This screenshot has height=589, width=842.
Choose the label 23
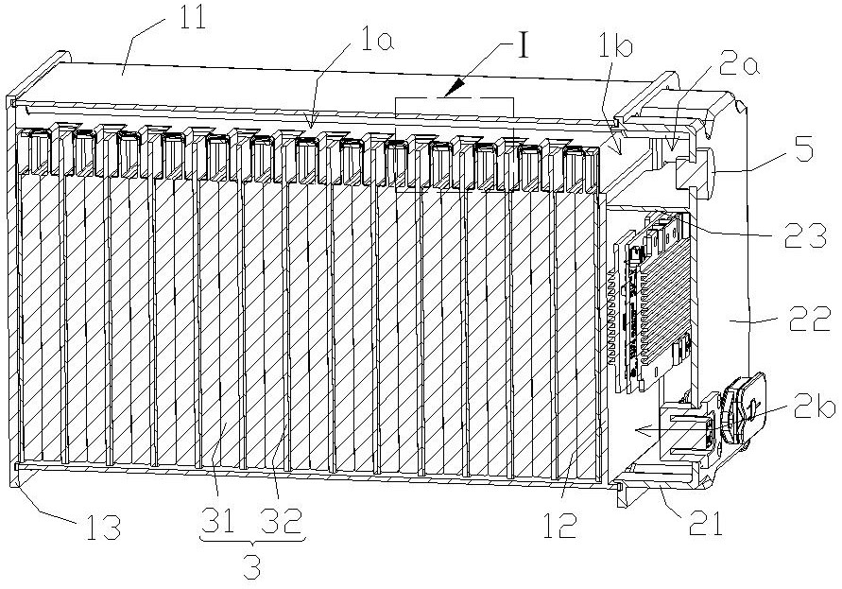pos(807,239)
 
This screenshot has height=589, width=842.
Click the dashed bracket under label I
pos(455,98)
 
